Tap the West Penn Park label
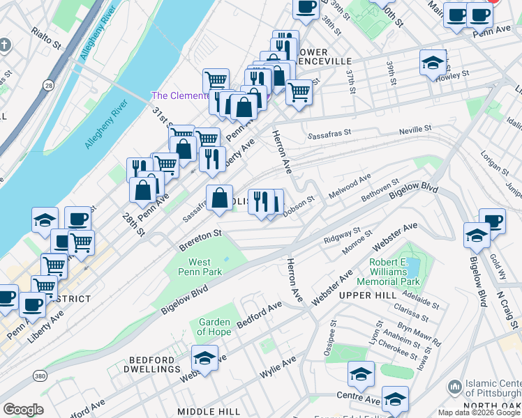tap(200, 267)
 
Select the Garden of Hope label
tap(214, 327)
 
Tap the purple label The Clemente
tap(180, 95)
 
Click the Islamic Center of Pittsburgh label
tap(489, 391)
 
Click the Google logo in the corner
tap(23, 410)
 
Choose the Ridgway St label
tap(342, 236)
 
